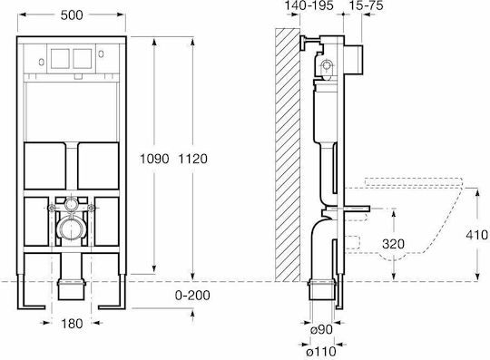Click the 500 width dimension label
pyautogui.click(x=72, y=15)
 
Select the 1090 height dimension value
pyautogui.click(x=154, y=159)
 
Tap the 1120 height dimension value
pyautogui.click(x=192, y=159)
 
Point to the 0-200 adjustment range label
pyautogui.click(x=192, y=295)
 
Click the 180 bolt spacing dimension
pyautogui.click(x=72, y=324)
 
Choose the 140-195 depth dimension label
pyautogui.click(x=309, y=5)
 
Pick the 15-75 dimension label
pyautogui.click(x=366, y=5)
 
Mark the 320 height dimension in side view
pyautogui.click(x=394, y=244)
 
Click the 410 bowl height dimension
pyautogui.click(x=477, y=235)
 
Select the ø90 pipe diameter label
pyautogui.click(x=321, y=329)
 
